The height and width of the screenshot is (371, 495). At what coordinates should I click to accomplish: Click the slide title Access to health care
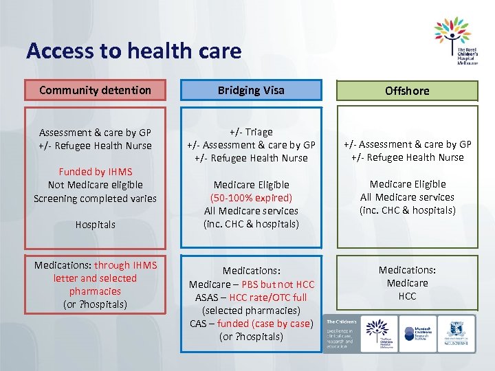click(x=134, y=51)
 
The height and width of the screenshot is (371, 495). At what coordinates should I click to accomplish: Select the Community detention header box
click(x=96, y=90)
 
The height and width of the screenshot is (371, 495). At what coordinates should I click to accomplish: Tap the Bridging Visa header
click(x=251, y=90)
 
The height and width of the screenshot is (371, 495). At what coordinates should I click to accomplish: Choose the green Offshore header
click(x=407, y=91)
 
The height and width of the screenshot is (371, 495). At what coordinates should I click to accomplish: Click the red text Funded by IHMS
click(x=96, y=172)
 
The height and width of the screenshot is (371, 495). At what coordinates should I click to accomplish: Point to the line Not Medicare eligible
click(x=96, y=185)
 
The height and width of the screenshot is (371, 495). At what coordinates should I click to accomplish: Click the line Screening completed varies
click(x=96, y=199)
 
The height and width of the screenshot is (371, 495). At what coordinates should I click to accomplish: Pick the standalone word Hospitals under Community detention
click(x=96, y=225)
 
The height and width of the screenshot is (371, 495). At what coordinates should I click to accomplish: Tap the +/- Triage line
click(x=251, y=132)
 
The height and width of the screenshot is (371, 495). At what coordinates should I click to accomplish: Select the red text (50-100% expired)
click(x=251, y=198)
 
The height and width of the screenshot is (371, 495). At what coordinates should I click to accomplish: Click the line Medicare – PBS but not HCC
click(x=251, y=284)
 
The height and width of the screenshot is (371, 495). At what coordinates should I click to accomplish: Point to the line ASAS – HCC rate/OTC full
click(x=251, y=297)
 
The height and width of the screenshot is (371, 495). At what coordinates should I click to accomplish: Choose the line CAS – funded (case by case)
click(x=251, y=324)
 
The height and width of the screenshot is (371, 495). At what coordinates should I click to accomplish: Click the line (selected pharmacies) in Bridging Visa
click(x=251, y=311)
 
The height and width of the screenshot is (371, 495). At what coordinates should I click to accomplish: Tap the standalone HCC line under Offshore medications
click(x=407, y=296)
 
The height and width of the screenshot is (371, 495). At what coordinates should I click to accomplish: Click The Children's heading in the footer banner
click(x=340, y=322)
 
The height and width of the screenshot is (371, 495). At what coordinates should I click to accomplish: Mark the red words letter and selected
click(x=96, y=278)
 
